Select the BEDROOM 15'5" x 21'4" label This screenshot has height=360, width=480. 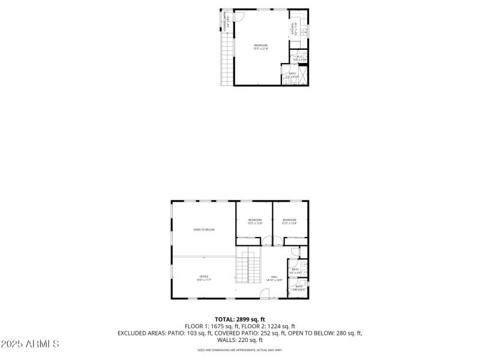click(260, 47)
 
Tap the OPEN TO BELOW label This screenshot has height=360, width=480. click(203, 230)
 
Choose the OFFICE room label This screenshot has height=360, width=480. click(204, 278)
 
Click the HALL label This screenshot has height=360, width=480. click(274, 278)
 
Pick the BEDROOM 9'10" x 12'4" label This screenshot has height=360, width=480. click(290, 221)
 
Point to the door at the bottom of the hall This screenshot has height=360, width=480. click(265, 294)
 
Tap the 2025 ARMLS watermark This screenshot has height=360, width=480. click(30, 344)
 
